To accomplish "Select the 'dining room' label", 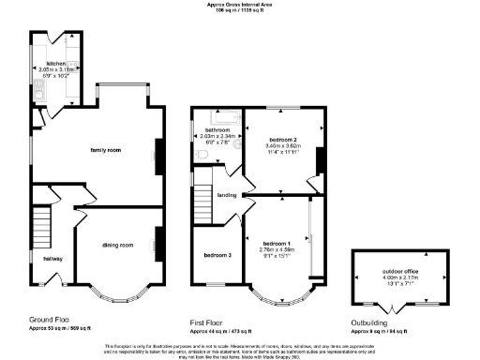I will (117, 245).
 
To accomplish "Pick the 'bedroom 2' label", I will (282, 137).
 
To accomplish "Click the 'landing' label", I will (227, 194).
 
